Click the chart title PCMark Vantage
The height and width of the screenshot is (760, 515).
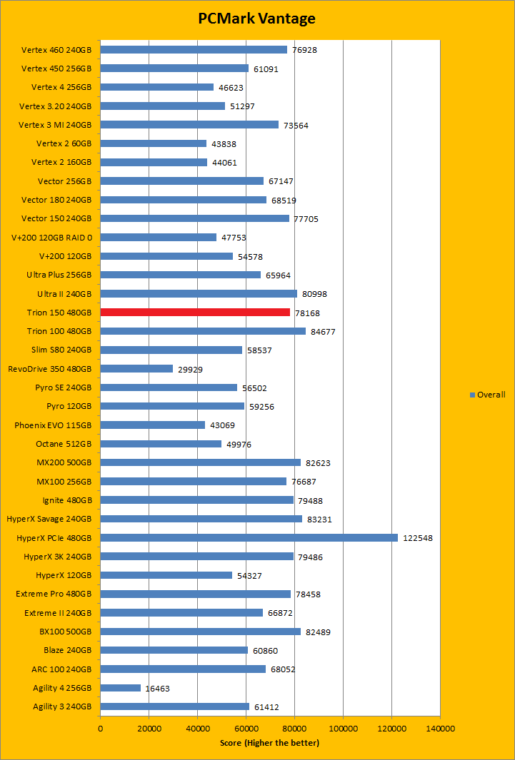click(256, 19)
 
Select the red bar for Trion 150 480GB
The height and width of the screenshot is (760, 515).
click(195, 312)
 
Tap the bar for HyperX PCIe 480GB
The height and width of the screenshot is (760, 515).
click(249, 537)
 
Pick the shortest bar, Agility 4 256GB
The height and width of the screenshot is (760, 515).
click(120, 688)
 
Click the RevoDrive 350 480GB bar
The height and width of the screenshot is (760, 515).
click(136, 368)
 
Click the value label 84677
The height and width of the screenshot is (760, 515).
click(325, 331)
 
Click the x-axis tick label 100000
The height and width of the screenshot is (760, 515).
click(343, 729)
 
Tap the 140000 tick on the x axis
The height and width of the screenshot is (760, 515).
click(440, 729)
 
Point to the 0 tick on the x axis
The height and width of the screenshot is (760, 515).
click(100, 729)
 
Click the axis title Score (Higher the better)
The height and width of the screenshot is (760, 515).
click(269, 743)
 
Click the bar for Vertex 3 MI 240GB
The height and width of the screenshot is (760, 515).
click(189, 124)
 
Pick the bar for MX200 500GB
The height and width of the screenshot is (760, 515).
click(200, 462)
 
